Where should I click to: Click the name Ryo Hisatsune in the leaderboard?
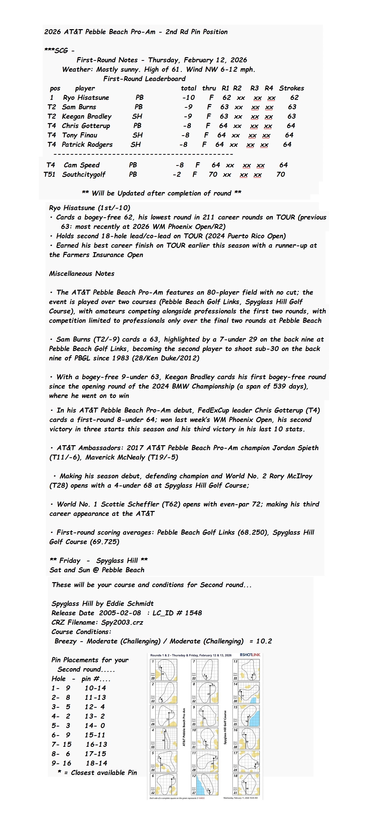(86, 98)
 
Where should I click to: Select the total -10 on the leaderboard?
(189, 98)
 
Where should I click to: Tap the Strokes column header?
(292, 88)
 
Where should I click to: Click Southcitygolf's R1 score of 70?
(213, 174)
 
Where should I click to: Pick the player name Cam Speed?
(82, 165)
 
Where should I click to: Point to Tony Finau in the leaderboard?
(79, 135)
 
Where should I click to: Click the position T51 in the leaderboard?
(49, 174)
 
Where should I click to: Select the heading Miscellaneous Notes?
(82, 274)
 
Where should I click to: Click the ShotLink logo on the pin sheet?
(250, 655)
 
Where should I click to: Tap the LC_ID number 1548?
(193, 613)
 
